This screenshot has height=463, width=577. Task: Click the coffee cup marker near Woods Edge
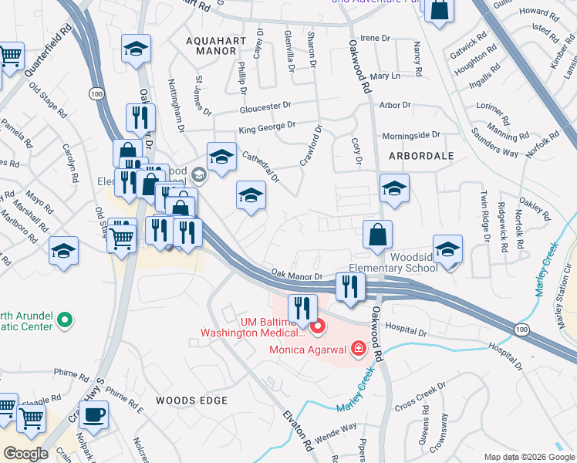[x=94, y=415]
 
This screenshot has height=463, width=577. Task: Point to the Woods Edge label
[x=191, y=400]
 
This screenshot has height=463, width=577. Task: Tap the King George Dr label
[x=267, y=127]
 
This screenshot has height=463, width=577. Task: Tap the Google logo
[x=25, y=454]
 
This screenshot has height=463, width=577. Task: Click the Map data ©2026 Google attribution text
[x=528, y=457]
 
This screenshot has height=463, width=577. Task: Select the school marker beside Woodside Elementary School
[x=447, y=250]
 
